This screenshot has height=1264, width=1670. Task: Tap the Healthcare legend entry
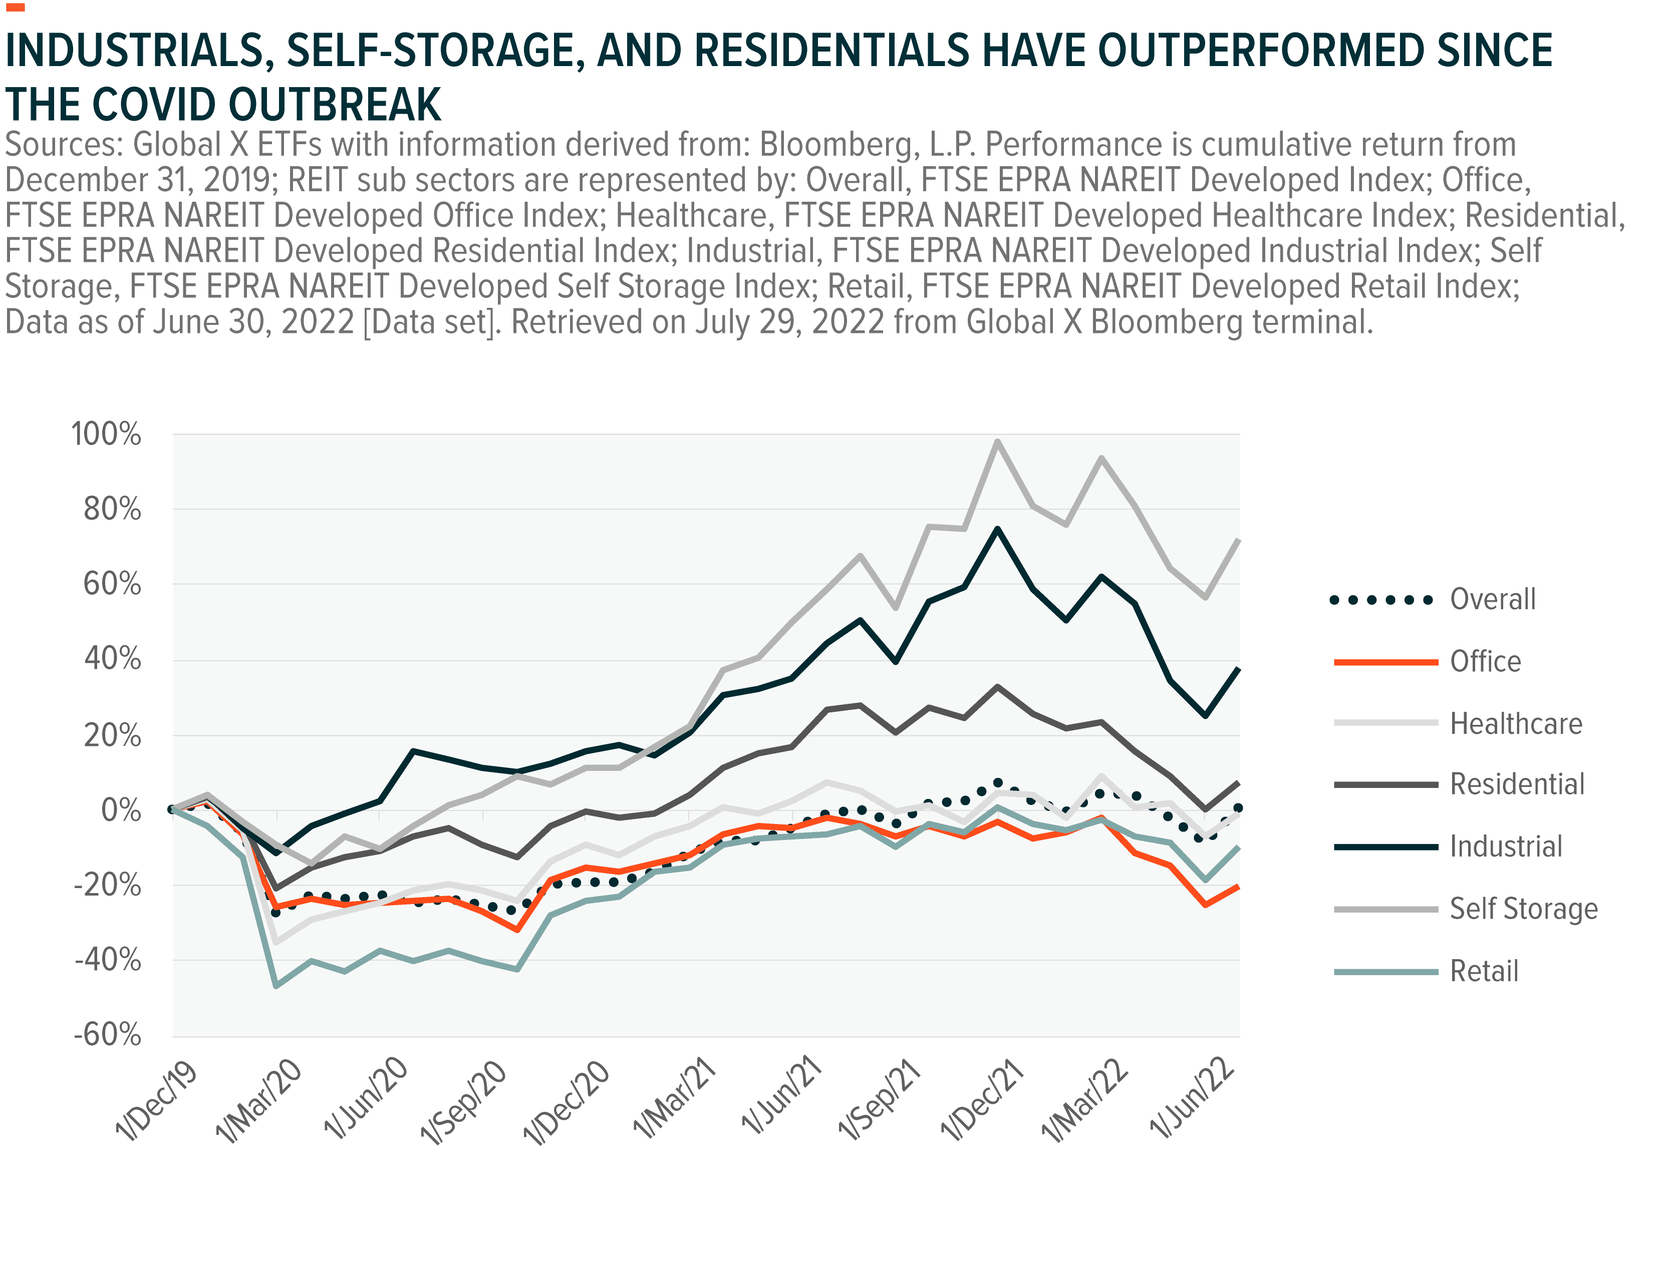click(x=1516, y=724)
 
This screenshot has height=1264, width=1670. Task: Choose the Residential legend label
click(x=1518, y=785)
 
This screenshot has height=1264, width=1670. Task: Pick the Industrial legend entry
click(x=1505, y=847)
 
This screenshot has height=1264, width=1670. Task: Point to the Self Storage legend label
click(x=1524, y=909)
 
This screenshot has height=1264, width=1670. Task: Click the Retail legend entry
click(x=1484, y=971)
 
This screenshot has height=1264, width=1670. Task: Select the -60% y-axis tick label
click(x=107, y=1035)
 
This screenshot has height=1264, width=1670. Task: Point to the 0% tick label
click(x=121, y=810)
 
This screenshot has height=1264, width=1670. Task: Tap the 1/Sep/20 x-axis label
click(x=464, y=1102)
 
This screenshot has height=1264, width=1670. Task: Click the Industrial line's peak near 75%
click(x=998, y=529)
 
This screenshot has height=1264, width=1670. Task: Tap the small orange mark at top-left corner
click(x=15, y=8)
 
